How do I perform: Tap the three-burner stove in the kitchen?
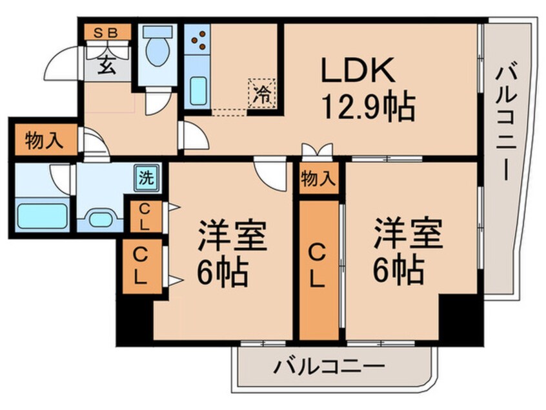coord(199,39)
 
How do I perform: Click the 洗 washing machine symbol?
coord(148,178)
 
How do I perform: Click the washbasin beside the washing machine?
coord(101,217)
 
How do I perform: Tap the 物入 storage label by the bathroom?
coord(44,141)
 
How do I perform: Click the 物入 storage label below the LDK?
coord(319,179)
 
